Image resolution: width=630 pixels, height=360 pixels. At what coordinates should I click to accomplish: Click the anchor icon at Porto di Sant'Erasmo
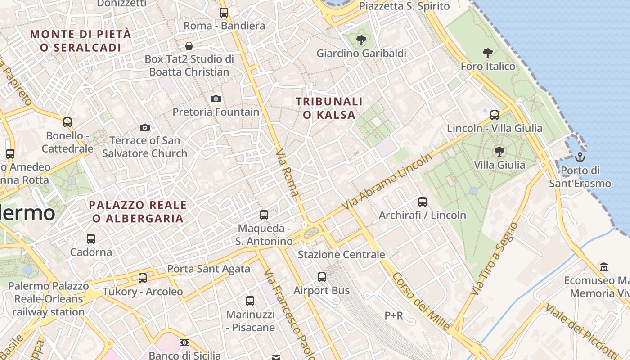click(580, 157)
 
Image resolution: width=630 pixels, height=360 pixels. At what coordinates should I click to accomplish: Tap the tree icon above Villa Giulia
click(499, 151)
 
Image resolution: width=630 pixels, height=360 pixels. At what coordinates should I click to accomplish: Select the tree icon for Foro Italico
click(487, 53)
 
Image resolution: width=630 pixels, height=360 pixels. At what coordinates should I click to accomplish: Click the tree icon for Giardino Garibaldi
click(361, 40)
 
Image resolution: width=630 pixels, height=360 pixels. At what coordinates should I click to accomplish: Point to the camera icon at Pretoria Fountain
click(216, 99)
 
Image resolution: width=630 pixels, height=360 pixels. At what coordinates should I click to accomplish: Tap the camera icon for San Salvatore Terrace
click(144, 127)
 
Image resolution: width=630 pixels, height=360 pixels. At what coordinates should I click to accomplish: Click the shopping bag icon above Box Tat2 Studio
click(189, 46)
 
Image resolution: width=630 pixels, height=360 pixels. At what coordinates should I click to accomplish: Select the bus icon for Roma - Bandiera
click(224, 13)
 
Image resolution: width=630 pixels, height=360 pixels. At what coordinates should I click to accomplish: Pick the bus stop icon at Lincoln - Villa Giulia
click(495, 115)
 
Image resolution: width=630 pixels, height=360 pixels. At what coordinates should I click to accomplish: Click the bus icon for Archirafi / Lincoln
click(422, 202)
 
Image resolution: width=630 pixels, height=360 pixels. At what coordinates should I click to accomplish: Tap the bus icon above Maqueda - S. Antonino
click(264, 215)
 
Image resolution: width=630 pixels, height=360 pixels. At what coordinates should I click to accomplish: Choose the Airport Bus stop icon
click(322, 277)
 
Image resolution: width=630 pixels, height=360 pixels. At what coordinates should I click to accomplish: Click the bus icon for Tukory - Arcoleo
click(143, 278)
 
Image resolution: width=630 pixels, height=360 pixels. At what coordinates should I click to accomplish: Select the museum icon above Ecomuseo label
click(604, 267)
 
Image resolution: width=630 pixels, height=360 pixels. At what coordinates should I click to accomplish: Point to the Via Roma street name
click(287, 173)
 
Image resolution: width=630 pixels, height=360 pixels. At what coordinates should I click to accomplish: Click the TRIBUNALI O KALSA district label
click(329, 108)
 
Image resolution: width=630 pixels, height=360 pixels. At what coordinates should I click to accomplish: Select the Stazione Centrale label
click(342, 255)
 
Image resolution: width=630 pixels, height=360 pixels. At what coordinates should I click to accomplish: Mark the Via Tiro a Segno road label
click(494, 259)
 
